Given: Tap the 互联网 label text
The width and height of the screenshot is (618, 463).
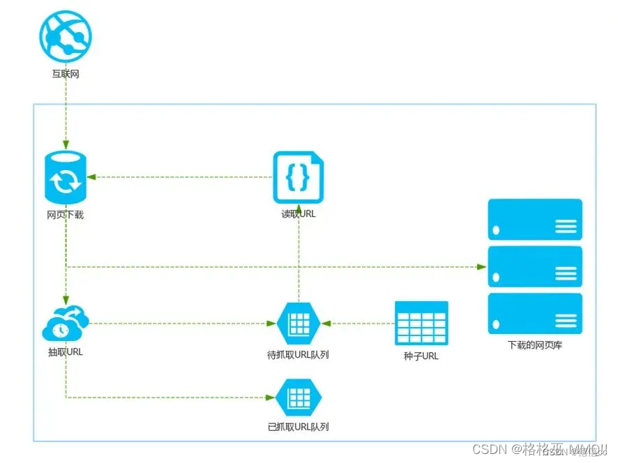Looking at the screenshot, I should coord(66,73).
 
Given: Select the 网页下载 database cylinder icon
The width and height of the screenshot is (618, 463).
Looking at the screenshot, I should coord(66,176).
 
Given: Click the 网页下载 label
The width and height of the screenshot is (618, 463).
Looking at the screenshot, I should coord(66,215).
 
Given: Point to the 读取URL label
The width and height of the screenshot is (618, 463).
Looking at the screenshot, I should coord(299,214).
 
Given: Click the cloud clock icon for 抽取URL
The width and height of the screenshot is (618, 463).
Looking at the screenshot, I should coord(66,324).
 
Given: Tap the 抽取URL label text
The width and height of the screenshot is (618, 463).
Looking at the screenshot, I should coord(66,352).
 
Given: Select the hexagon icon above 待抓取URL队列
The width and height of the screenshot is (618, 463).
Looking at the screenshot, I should coord(298,324).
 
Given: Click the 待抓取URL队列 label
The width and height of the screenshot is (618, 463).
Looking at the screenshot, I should coord(298,354).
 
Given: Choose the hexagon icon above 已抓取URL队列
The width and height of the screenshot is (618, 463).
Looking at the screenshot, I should coord(298,397).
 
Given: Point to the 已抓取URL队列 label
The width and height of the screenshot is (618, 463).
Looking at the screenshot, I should coord(298,427).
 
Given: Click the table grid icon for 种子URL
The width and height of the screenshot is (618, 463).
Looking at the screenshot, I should coord(421,323).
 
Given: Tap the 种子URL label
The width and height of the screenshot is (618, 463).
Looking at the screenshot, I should coord(421,356).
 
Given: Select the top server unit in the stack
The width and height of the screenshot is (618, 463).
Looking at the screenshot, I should coord(535,220).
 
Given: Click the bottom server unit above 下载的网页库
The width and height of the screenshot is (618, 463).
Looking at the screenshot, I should coord(535,313).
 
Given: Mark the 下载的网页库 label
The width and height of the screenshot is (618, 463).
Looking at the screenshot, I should coord(535,344).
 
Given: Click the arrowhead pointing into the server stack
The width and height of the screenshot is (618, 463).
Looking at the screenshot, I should coord(481,266).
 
